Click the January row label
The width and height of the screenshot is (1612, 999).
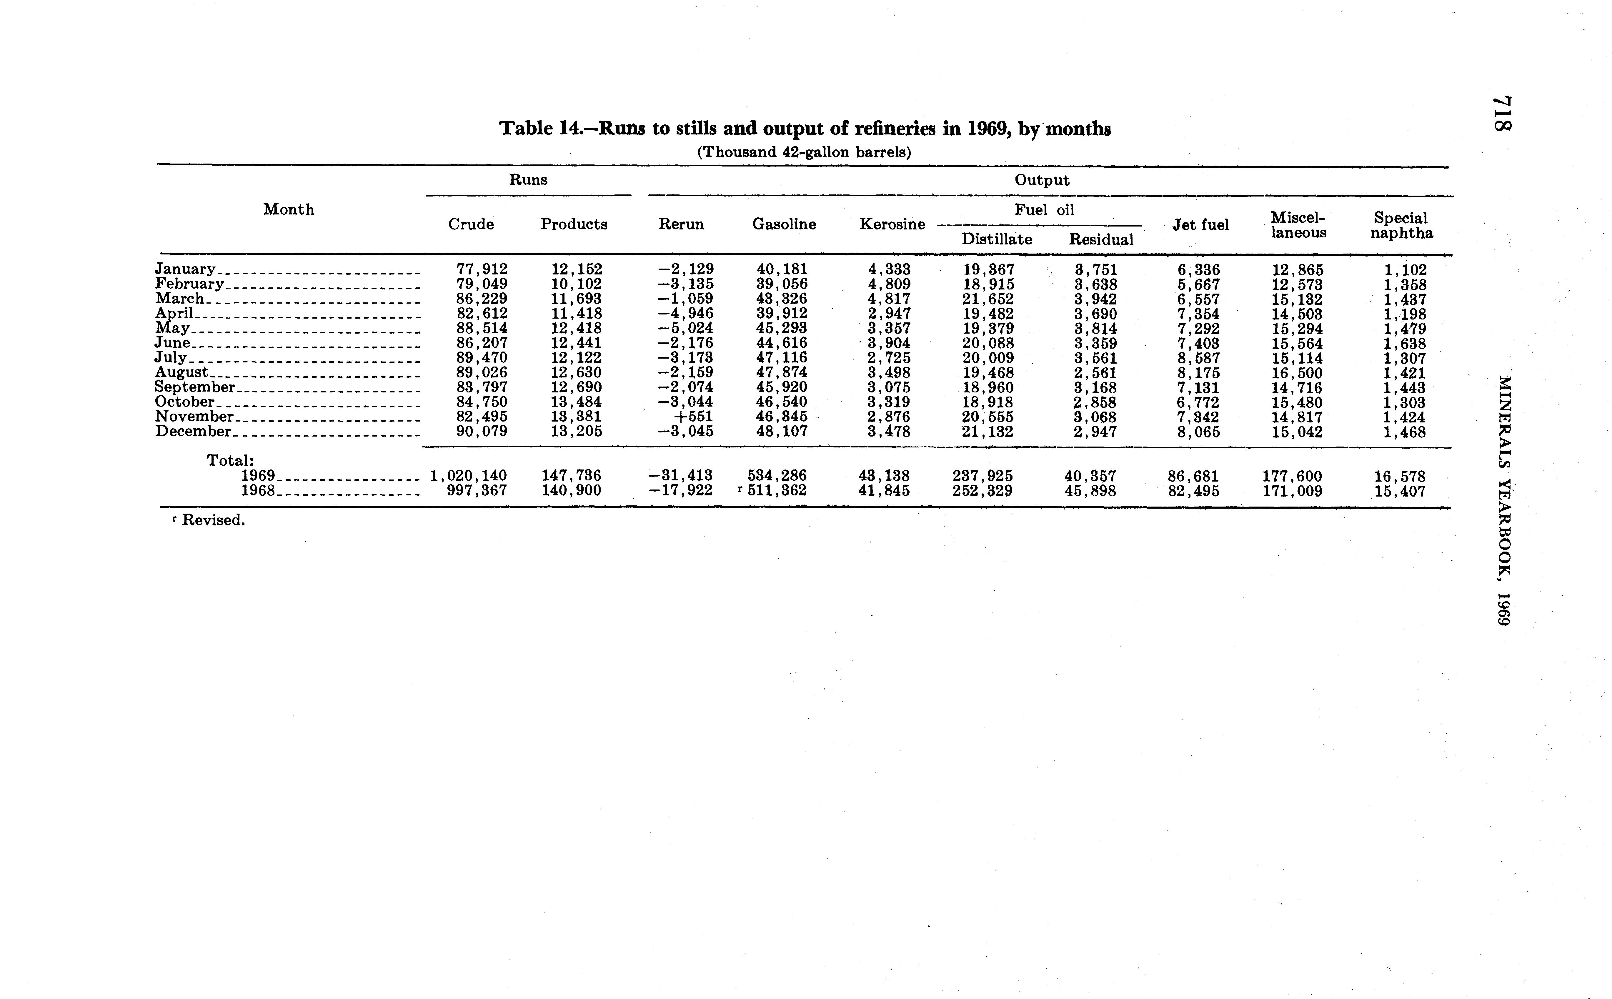(185, 269)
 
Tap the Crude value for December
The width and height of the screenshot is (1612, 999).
(482, 432)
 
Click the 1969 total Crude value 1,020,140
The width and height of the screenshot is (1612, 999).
(468, 476)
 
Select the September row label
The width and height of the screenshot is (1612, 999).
(195, 387)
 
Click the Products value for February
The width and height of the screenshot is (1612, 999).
(577, 284)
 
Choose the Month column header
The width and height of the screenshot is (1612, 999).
(289, 209)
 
